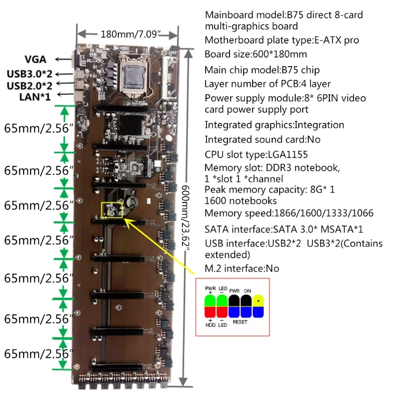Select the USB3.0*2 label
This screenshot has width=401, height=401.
[x=29, y=74]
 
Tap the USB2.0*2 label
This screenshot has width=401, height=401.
[x=29, y=85]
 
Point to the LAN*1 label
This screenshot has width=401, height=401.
[x=35, y=96]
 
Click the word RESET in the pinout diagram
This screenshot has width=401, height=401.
[x=240, y=322]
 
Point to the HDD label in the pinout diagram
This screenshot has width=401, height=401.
[x=210, y=325]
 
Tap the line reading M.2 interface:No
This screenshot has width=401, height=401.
[x=242, y=269]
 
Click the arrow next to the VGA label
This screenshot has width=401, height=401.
[x=63, y=60]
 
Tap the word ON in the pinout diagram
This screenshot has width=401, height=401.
[x=247, y=290]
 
